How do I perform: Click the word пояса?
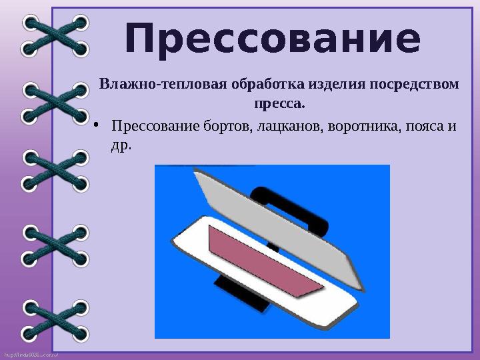tap(425, 127)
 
